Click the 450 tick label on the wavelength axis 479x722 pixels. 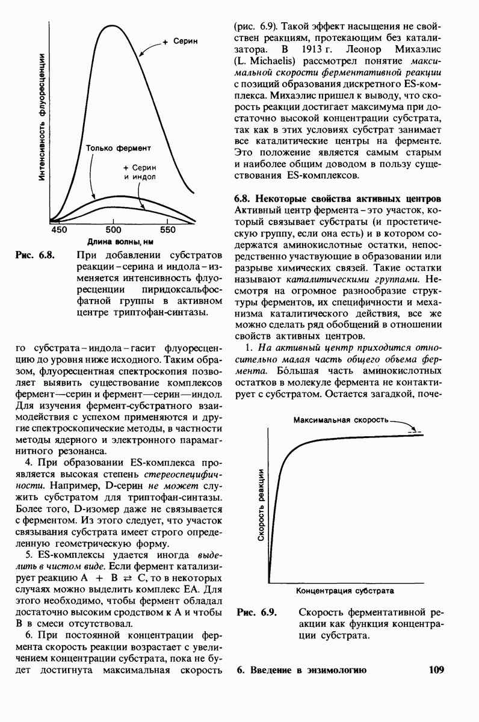(x=60, y=230)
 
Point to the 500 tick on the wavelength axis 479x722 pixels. (x=114, y=230)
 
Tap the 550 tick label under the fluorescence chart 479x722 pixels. (x=168, y=230)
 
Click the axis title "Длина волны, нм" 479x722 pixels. (x=113, y=242)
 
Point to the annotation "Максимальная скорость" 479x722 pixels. (x=341, y=419)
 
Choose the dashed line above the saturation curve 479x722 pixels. (x=412, y=431)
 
